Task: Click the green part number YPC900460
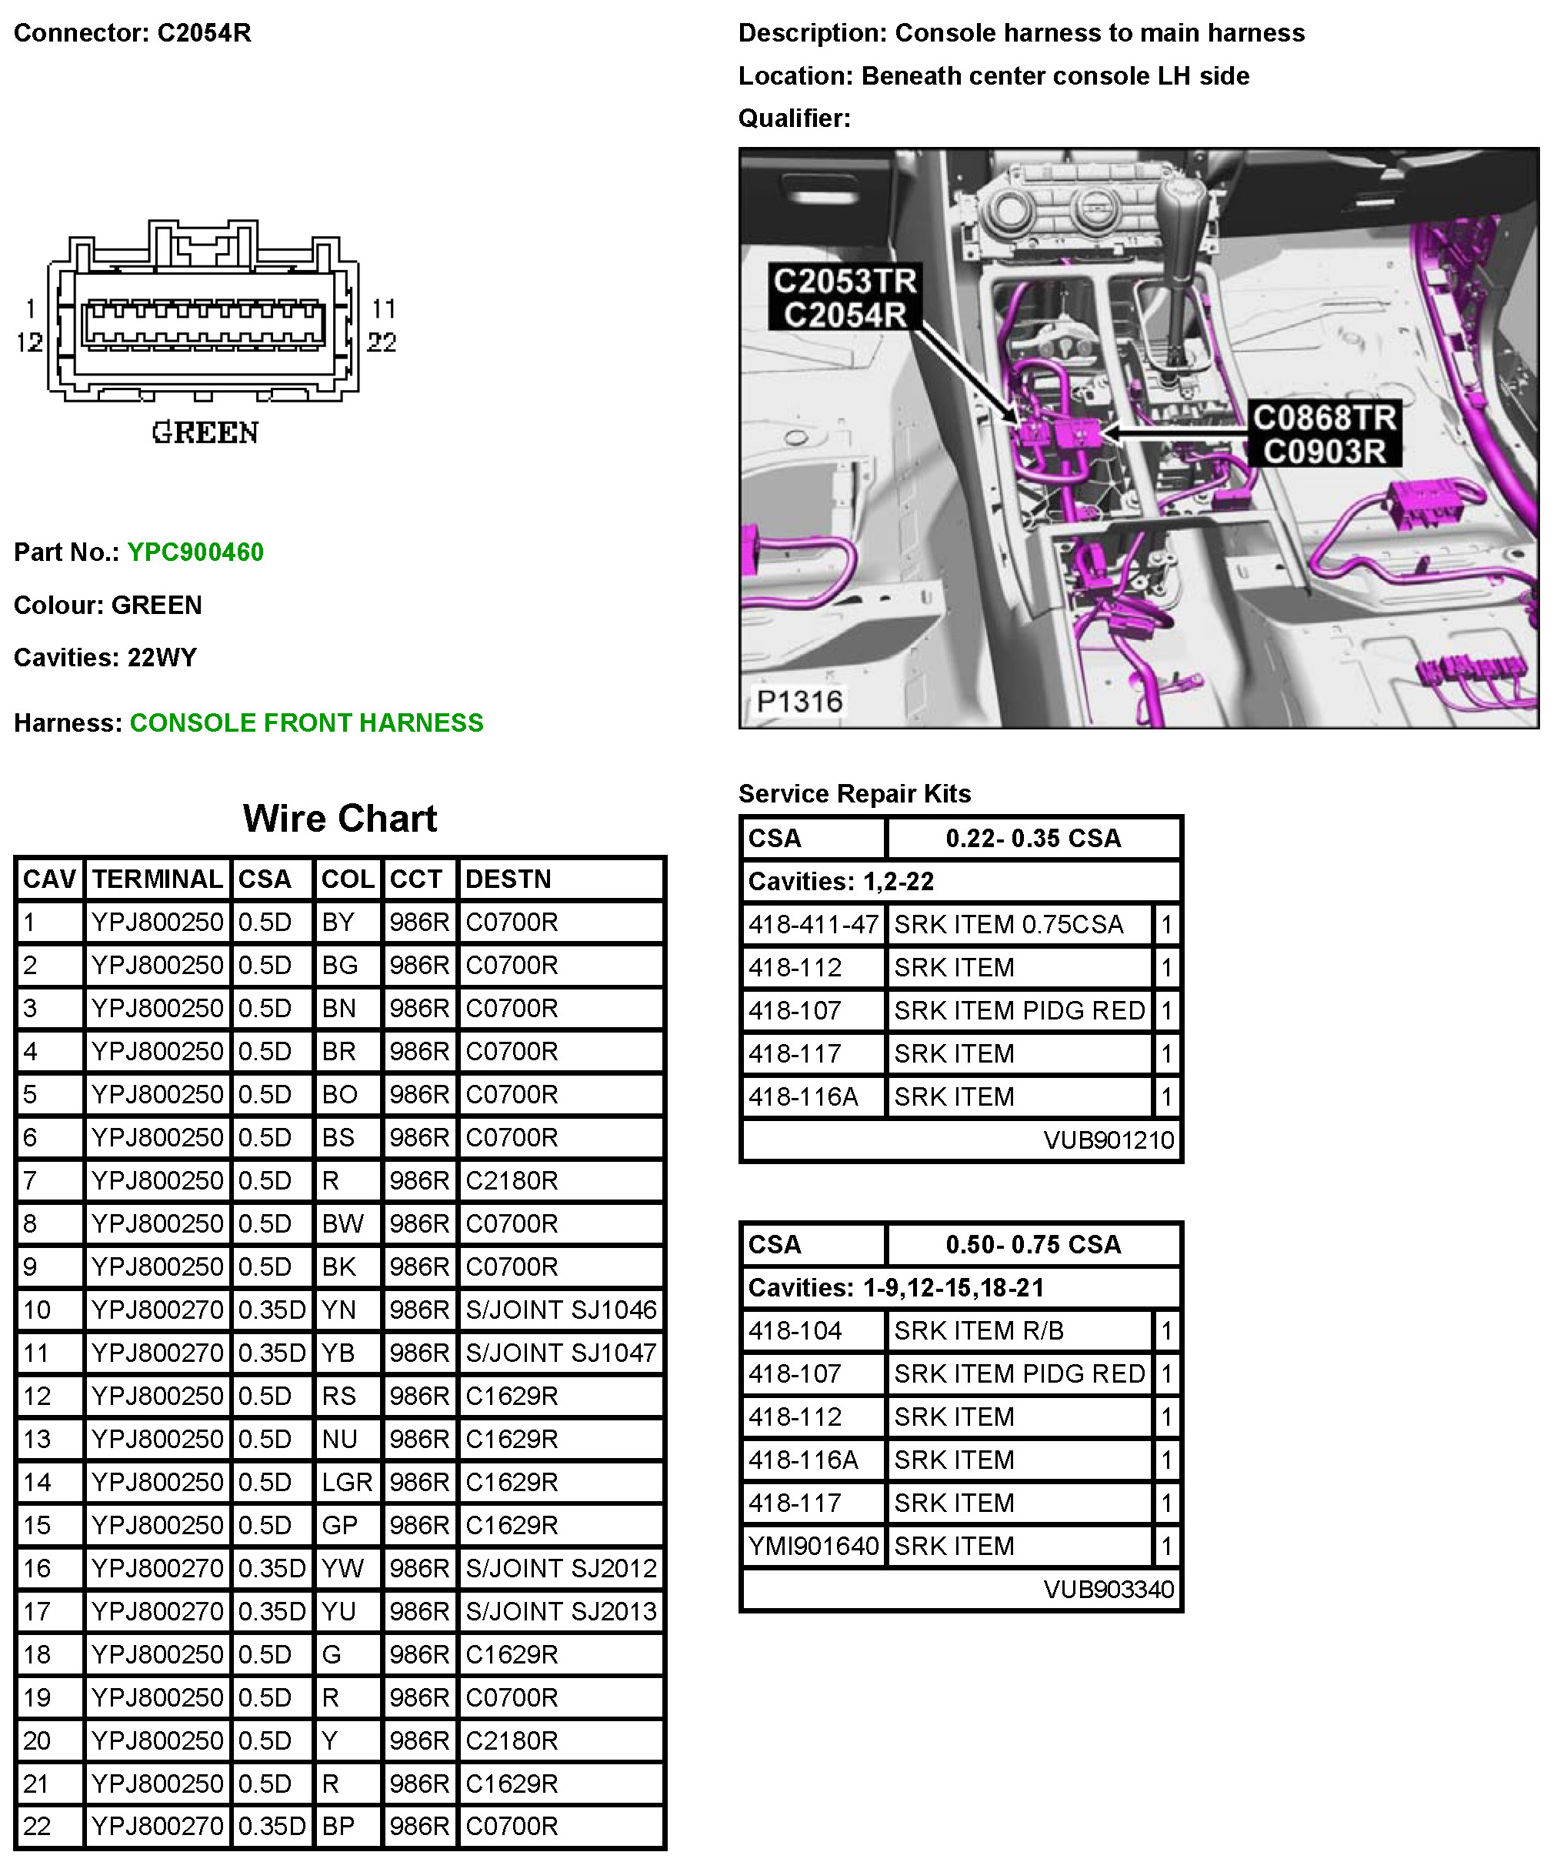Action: tap(195, 552)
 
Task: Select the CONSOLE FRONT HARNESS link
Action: tap(306, 722)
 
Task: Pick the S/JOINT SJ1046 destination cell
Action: tap(560, 1310)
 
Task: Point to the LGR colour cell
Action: tap(347, 1482)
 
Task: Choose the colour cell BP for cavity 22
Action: tap(338, 1826)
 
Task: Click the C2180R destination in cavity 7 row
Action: tap(512, 1180)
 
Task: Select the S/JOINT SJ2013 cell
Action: tap(560, 1611)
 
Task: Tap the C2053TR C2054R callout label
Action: tap(844, 298)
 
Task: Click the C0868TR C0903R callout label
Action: tap(1324, 435)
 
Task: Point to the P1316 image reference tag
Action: tap(799, 702)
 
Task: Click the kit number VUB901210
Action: tap(1109, 1140)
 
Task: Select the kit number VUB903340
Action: tap(1109, 1590)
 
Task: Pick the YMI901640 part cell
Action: tap(813, 1547)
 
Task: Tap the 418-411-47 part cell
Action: tap(813, 925)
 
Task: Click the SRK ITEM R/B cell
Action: tap(978, 1331)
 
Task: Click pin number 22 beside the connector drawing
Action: tap(382, 342)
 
